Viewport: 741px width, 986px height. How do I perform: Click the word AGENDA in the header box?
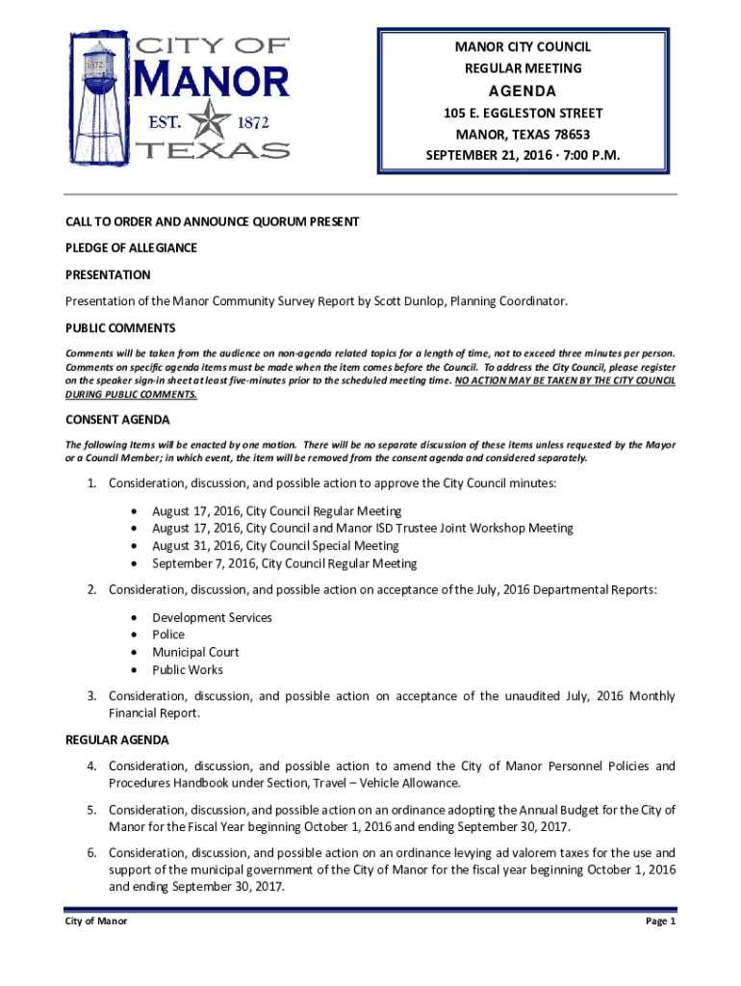pyautogui.click(x=523, y=91)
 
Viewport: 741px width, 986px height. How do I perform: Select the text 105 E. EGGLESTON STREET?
pyautogui.click(x=523, y=114)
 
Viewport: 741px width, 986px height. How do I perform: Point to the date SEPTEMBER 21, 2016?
pyautogui.click(x=490, y=155)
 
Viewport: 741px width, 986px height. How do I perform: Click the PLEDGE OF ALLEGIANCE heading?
pyautogui.click(x=131, y=248)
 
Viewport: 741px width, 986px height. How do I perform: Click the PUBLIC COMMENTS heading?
pyautogui.click(x=120, y=328)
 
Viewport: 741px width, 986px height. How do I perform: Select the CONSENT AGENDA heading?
pyautogui.click(x=117, y=420)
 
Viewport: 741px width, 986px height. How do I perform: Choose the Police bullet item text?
pyautogui.click(x=168, y=636)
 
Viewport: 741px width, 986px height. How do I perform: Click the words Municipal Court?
pyautogui.click(x=195, y=653)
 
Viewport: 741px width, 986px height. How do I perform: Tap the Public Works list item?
pyautogui.click(x=187, y=670)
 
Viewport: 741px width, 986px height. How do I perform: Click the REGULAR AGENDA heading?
pyautogui.click(x=116, y=739)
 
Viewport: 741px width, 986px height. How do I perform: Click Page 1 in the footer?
pyautogui.click(x=661, y=921)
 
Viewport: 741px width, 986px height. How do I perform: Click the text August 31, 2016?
pyautogui.click(x=197, y=546)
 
